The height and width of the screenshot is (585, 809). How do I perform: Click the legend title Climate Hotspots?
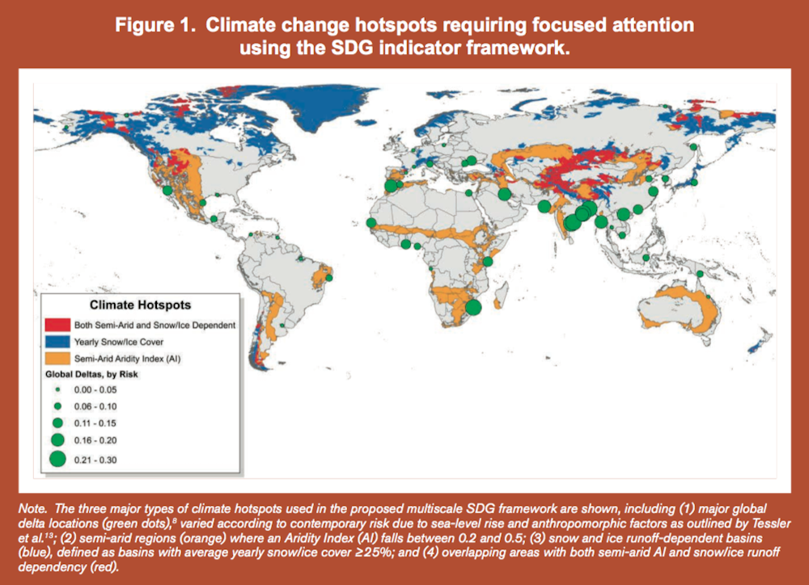140,305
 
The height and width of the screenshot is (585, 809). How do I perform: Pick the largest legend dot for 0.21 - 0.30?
57,459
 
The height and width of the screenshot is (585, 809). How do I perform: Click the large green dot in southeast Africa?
473,306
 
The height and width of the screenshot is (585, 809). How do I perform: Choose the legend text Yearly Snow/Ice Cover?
124,341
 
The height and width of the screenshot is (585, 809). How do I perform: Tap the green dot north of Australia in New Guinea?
701,274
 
